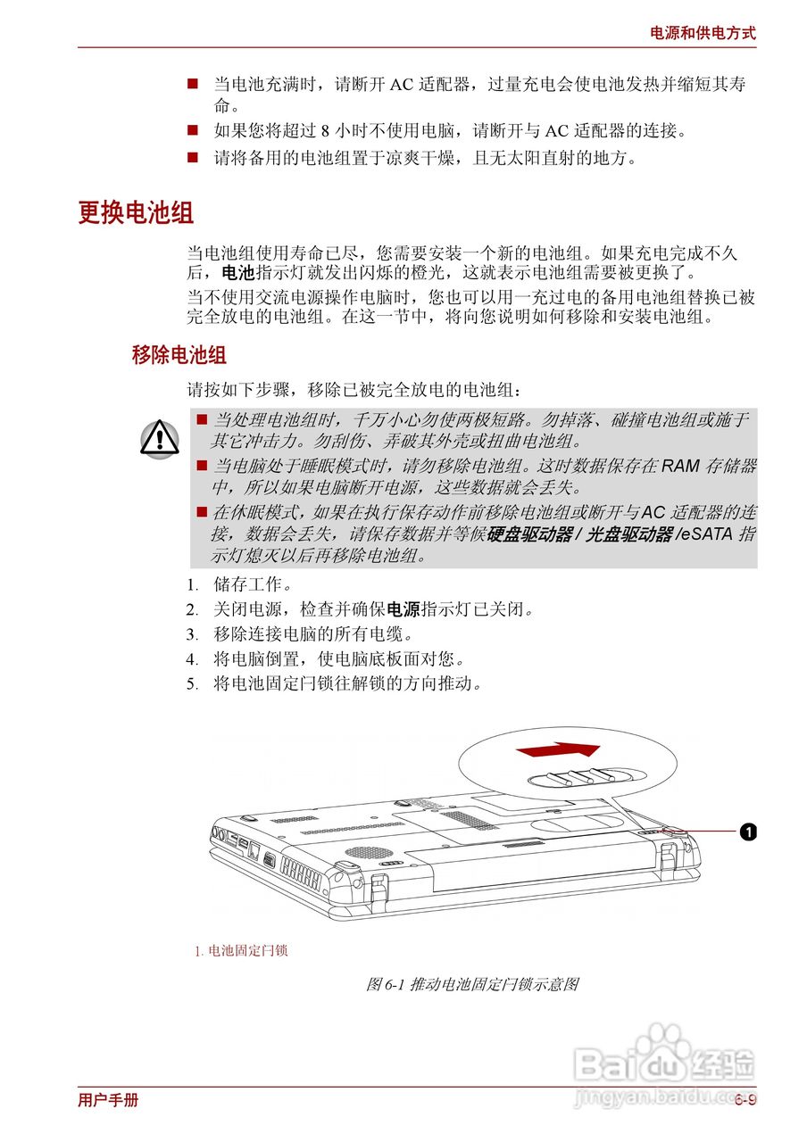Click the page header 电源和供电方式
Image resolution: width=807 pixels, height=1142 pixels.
click(x=702, y=33)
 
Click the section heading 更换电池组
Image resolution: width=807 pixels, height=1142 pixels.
click(x=136, y=213)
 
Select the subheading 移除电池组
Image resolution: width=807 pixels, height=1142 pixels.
click(x=179, y=355)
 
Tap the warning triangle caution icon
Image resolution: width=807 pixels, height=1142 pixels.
click(x=160, y=438)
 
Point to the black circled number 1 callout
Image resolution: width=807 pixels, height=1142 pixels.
click(x=748, y=832)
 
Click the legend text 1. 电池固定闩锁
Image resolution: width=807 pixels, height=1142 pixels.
click(x=241, y=951)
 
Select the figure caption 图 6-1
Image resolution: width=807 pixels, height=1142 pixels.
click(x=473, y=985)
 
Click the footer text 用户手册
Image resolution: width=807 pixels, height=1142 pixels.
click(x=108, y=1100)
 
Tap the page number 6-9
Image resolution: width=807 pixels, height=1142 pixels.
click(x=745, y=1100)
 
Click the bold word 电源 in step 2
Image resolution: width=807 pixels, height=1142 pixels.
click(x=403, y=611)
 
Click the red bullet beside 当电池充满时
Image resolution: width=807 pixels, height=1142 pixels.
click(x=192, y=84)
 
